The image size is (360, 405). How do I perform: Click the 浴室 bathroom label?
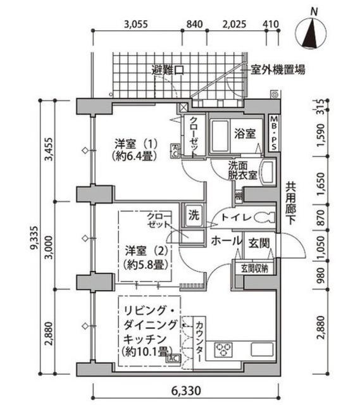[x=245, y=134]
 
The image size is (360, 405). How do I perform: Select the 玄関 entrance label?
[x=258, y=242]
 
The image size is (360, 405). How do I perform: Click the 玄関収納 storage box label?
[x=254, y=268]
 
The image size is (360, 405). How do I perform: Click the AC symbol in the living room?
[x=173, y=358]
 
